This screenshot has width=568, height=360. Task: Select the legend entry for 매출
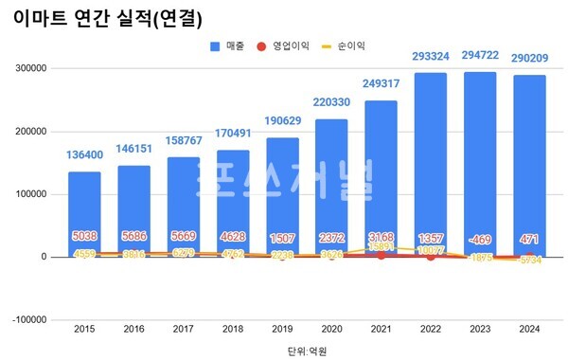(x=233, y=45)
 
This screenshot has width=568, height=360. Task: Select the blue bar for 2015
(x=83, y=213)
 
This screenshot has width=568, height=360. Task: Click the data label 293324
(x=430, y=57)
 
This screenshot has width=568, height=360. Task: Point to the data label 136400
(x=83, y=155)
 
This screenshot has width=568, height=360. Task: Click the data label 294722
(x=480, y=57)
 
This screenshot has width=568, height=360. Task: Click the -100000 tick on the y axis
(x=31, y=319)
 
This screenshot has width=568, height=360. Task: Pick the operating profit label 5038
(x=83, y=237)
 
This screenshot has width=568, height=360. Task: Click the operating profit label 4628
(x=232, y=237)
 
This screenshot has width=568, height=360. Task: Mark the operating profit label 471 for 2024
(x=529, y=237)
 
